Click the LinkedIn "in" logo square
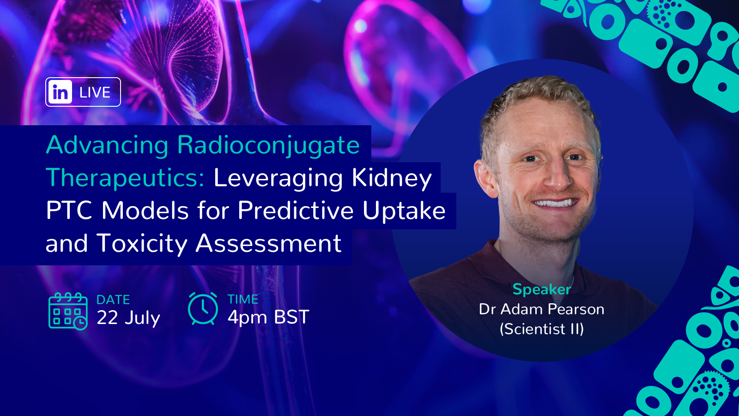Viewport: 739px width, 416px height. [60, 92]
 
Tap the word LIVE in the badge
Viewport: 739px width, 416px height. [95, 92]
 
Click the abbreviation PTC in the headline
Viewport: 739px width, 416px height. [69, 210]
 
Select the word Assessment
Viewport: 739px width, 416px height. [268, 243]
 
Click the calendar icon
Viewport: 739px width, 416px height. [68, 311]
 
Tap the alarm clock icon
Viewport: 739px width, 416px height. [203, 308]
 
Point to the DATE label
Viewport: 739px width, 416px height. [113, 300]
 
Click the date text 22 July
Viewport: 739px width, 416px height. [128, 318]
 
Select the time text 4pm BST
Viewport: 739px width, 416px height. [268, 317]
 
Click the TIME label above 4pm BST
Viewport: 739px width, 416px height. [243, 299]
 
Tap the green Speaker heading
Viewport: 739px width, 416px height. [542, 289]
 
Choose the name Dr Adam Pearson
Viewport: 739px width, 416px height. [542, 309]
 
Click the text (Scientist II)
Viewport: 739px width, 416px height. [542, 329]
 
